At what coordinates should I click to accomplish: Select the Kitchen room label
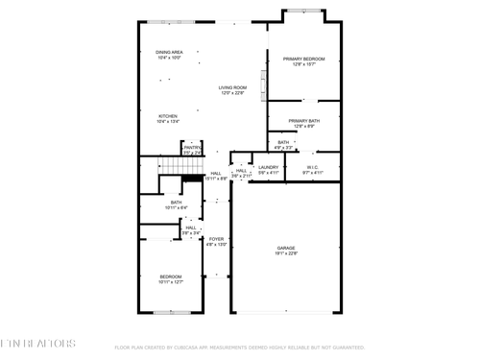tap(167, 119)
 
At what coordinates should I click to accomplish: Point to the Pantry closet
tap(192, 149)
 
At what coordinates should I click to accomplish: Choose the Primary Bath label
tap(303, 123)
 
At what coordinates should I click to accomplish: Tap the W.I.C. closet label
tap(314, 169)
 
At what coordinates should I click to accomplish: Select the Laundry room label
tap(268, 169)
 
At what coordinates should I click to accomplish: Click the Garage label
tap(285, 250)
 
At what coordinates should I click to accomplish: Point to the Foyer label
tap(217, 241)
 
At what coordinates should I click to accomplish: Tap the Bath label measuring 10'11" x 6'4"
tap(177, 204)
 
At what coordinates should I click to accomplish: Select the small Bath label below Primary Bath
tap(283, 144)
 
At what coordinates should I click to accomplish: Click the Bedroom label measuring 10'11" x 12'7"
tap(170, 278)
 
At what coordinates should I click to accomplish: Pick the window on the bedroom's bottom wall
tap(169, 312)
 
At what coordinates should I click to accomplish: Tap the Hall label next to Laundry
tap(241, 173)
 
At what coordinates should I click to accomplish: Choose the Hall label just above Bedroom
tap(191, 229)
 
